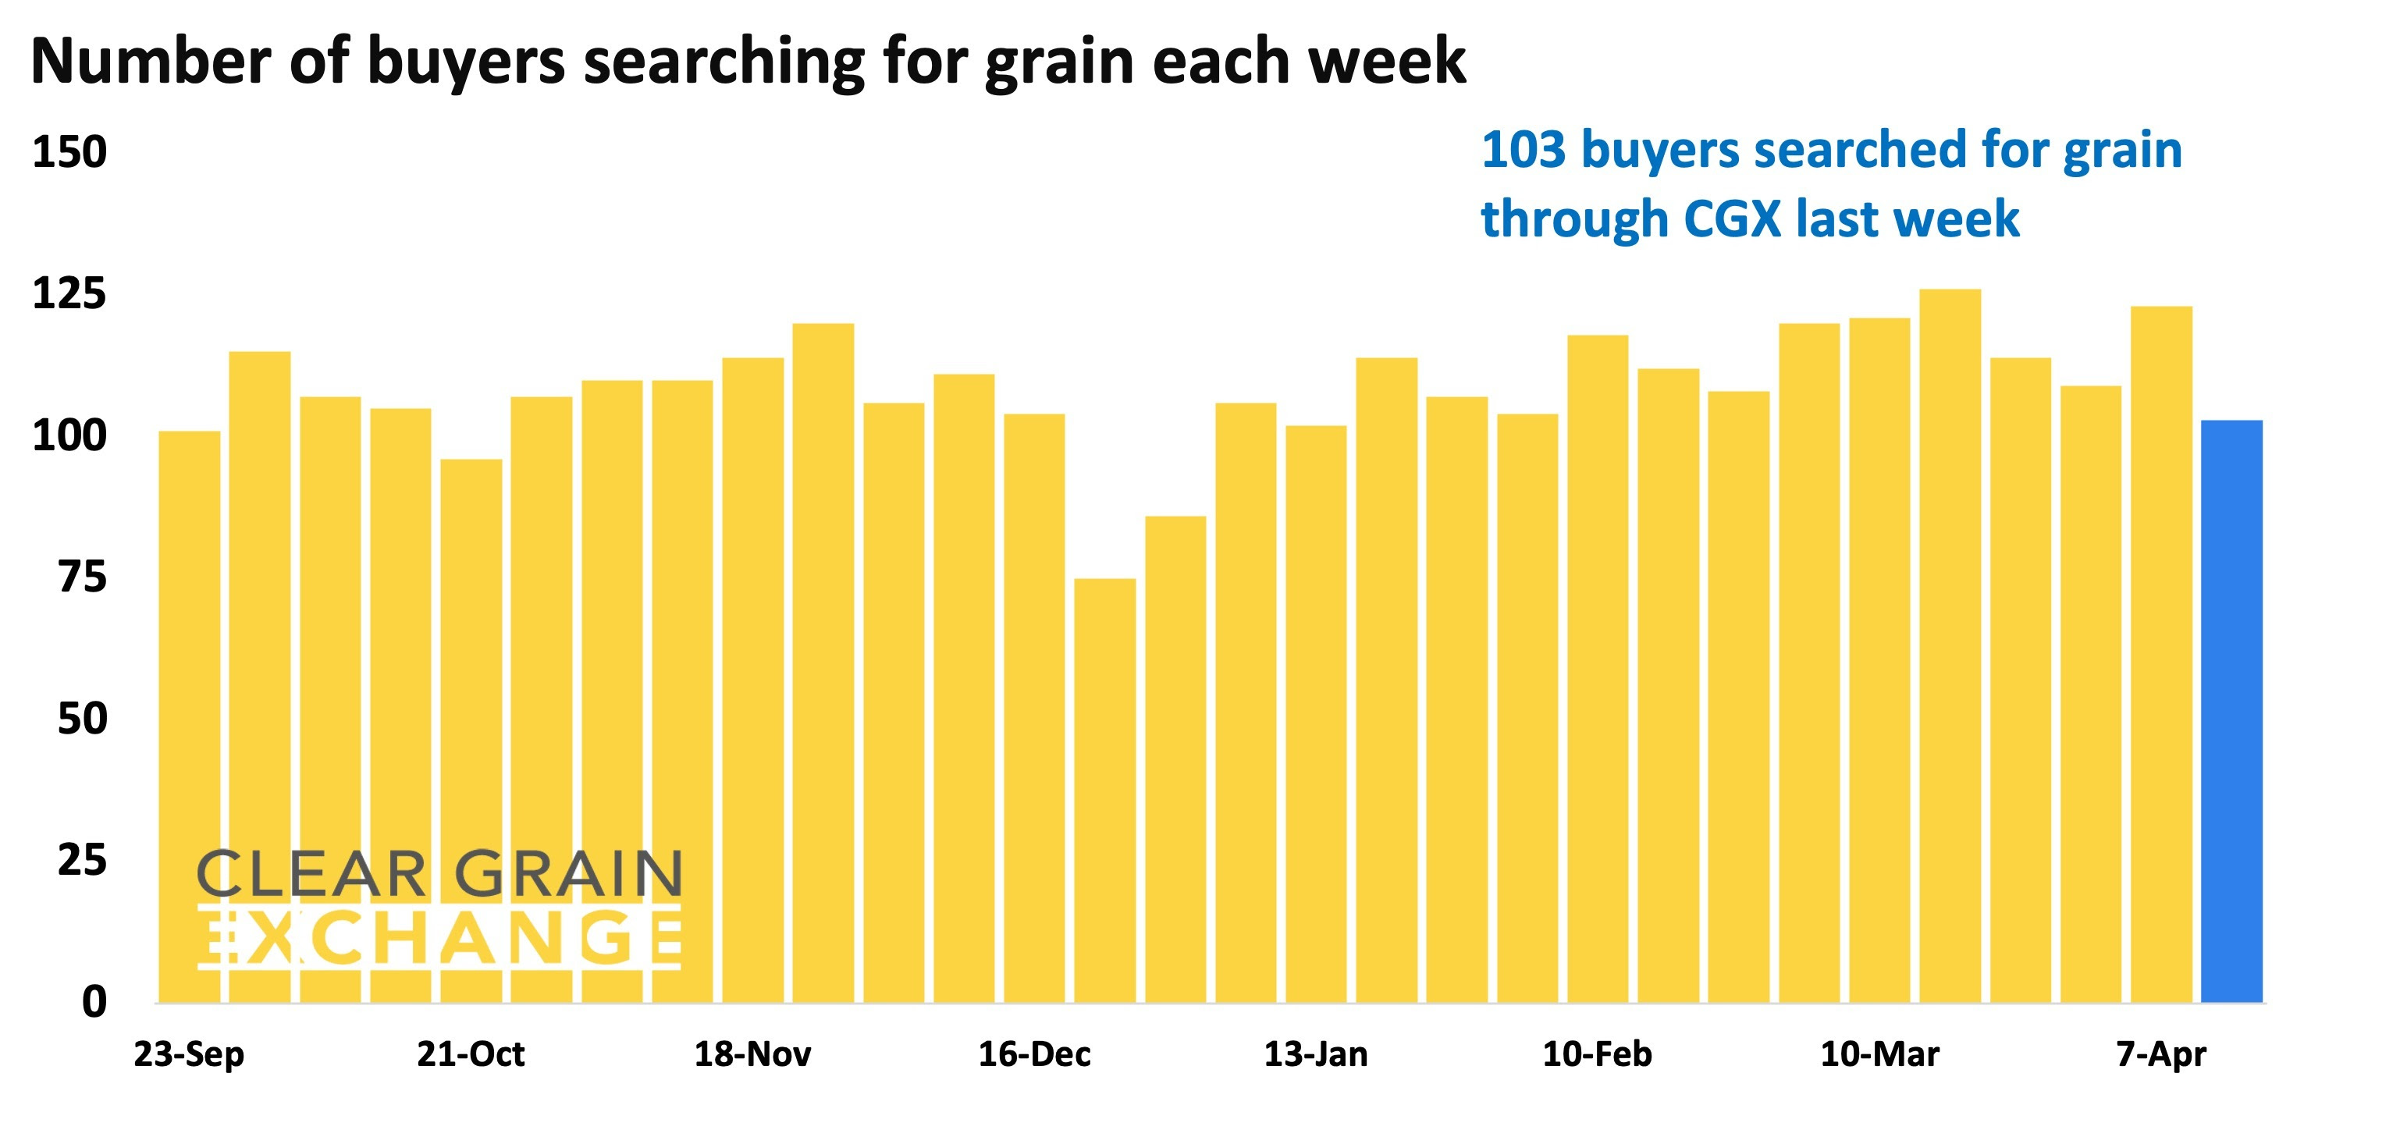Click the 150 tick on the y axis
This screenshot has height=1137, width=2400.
pos(70,152)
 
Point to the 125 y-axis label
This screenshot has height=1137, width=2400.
pos(70,294)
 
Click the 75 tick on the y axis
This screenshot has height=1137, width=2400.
pos(82,577)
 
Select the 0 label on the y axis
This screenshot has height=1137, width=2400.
pos(94,1002)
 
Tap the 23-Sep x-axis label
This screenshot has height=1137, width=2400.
pos(189,1054)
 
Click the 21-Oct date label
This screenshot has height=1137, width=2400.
pos(471,1054)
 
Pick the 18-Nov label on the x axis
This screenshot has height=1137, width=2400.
pos(753,1054)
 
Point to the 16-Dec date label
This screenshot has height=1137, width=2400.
pos(1034,1054)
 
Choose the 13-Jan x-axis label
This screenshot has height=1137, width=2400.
pos(1316,1054)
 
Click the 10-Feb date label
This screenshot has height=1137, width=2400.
pos(1597,1054)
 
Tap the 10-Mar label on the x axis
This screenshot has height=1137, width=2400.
pos(1880,1054)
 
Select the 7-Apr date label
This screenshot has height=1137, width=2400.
pos(2161,1054)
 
